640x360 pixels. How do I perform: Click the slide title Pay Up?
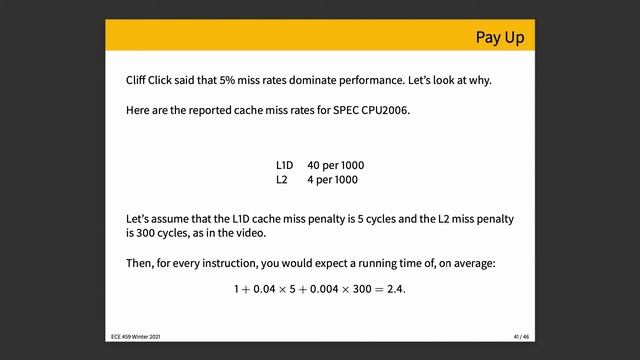point(499,38)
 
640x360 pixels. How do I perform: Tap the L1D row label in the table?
point(286,164)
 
